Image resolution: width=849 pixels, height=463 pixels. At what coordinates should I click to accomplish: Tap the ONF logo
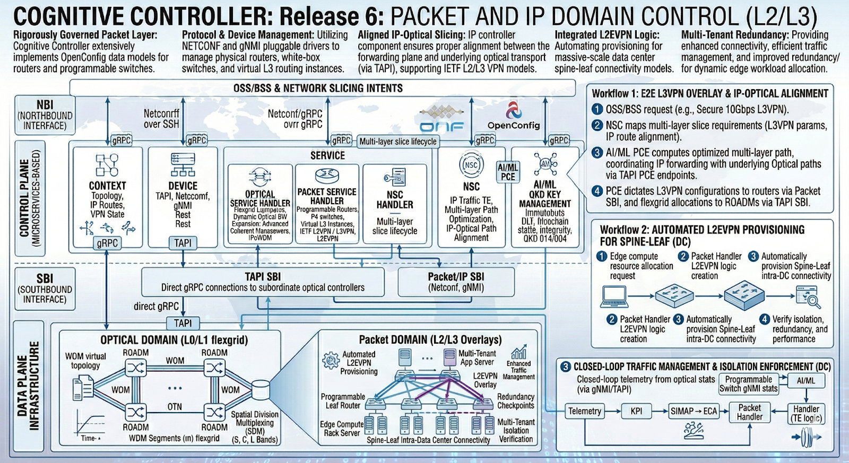pos(441,119)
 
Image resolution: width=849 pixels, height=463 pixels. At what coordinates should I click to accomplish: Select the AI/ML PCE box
pos(508,172)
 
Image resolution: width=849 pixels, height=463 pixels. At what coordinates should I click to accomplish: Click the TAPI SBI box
pos(263,282)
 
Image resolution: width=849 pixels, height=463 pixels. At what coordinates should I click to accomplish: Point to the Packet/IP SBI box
pos(456,282)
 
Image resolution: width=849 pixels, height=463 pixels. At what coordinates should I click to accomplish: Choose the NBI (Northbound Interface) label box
pos(45,115)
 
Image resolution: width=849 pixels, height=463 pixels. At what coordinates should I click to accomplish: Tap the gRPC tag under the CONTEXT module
pos(107,243)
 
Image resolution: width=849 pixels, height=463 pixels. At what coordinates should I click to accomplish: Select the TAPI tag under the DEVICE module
pos(183,243)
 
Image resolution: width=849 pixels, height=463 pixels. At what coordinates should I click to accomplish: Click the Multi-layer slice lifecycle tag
pos(398,142)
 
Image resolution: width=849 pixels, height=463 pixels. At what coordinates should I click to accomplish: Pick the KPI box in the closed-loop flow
pos(636,411)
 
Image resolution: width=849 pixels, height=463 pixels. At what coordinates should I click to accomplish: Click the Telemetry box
pos(585,411)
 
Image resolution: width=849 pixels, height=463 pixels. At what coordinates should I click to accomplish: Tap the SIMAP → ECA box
pos(694,411)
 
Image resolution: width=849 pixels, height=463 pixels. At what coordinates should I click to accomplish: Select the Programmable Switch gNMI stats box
pos(748,384)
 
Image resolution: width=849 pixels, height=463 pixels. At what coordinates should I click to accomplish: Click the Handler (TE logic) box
pos(806,414)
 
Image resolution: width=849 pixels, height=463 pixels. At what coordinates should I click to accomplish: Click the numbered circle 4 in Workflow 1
pos(597,191)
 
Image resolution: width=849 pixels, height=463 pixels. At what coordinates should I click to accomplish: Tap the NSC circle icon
pos(471,165)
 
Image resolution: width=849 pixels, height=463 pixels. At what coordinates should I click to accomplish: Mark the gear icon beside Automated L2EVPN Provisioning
pos(331,361)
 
